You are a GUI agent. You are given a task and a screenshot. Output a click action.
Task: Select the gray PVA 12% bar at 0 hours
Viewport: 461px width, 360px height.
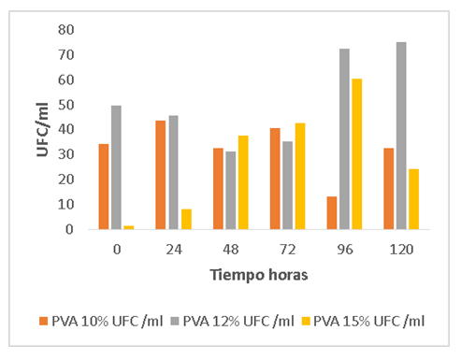coord(116,167)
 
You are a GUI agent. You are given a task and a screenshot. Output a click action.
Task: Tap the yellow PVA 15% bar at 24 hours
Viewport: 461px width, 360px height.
coord(186,219)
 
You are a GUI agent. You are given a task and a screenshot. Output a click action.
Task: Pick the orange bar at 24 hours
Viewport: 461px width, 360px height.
coord(161,175)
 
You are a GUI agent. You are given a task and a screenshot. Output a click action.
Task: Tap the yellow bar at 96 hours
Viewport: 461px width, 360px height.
coord(357,153)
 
